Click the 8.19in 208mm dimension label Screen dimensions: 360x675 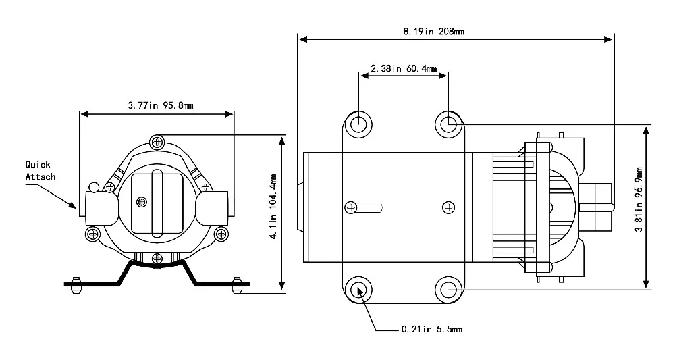[433, 31]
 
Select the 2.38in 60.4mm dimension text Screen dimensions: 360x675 [404, 68]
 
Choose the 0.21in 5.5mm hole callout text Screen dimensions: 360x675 [431, 330]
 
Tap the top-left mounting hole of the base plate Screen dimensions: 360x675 [358, 124]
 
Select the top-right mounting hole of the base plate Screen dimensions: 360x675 [448, 124]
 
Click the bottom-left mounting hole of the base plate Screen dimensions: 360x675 [358, 290]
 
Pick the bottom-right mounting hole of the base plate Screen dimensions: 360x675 [448, 290]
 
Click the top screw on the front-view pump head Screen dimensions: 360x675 [157, 141]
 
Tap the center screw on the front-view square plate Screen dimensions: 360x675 [141, 201]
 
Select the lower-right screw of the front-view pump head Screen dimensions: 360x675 [220, 234]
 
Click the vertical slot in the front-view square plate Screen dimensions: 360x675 [157, 203]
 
